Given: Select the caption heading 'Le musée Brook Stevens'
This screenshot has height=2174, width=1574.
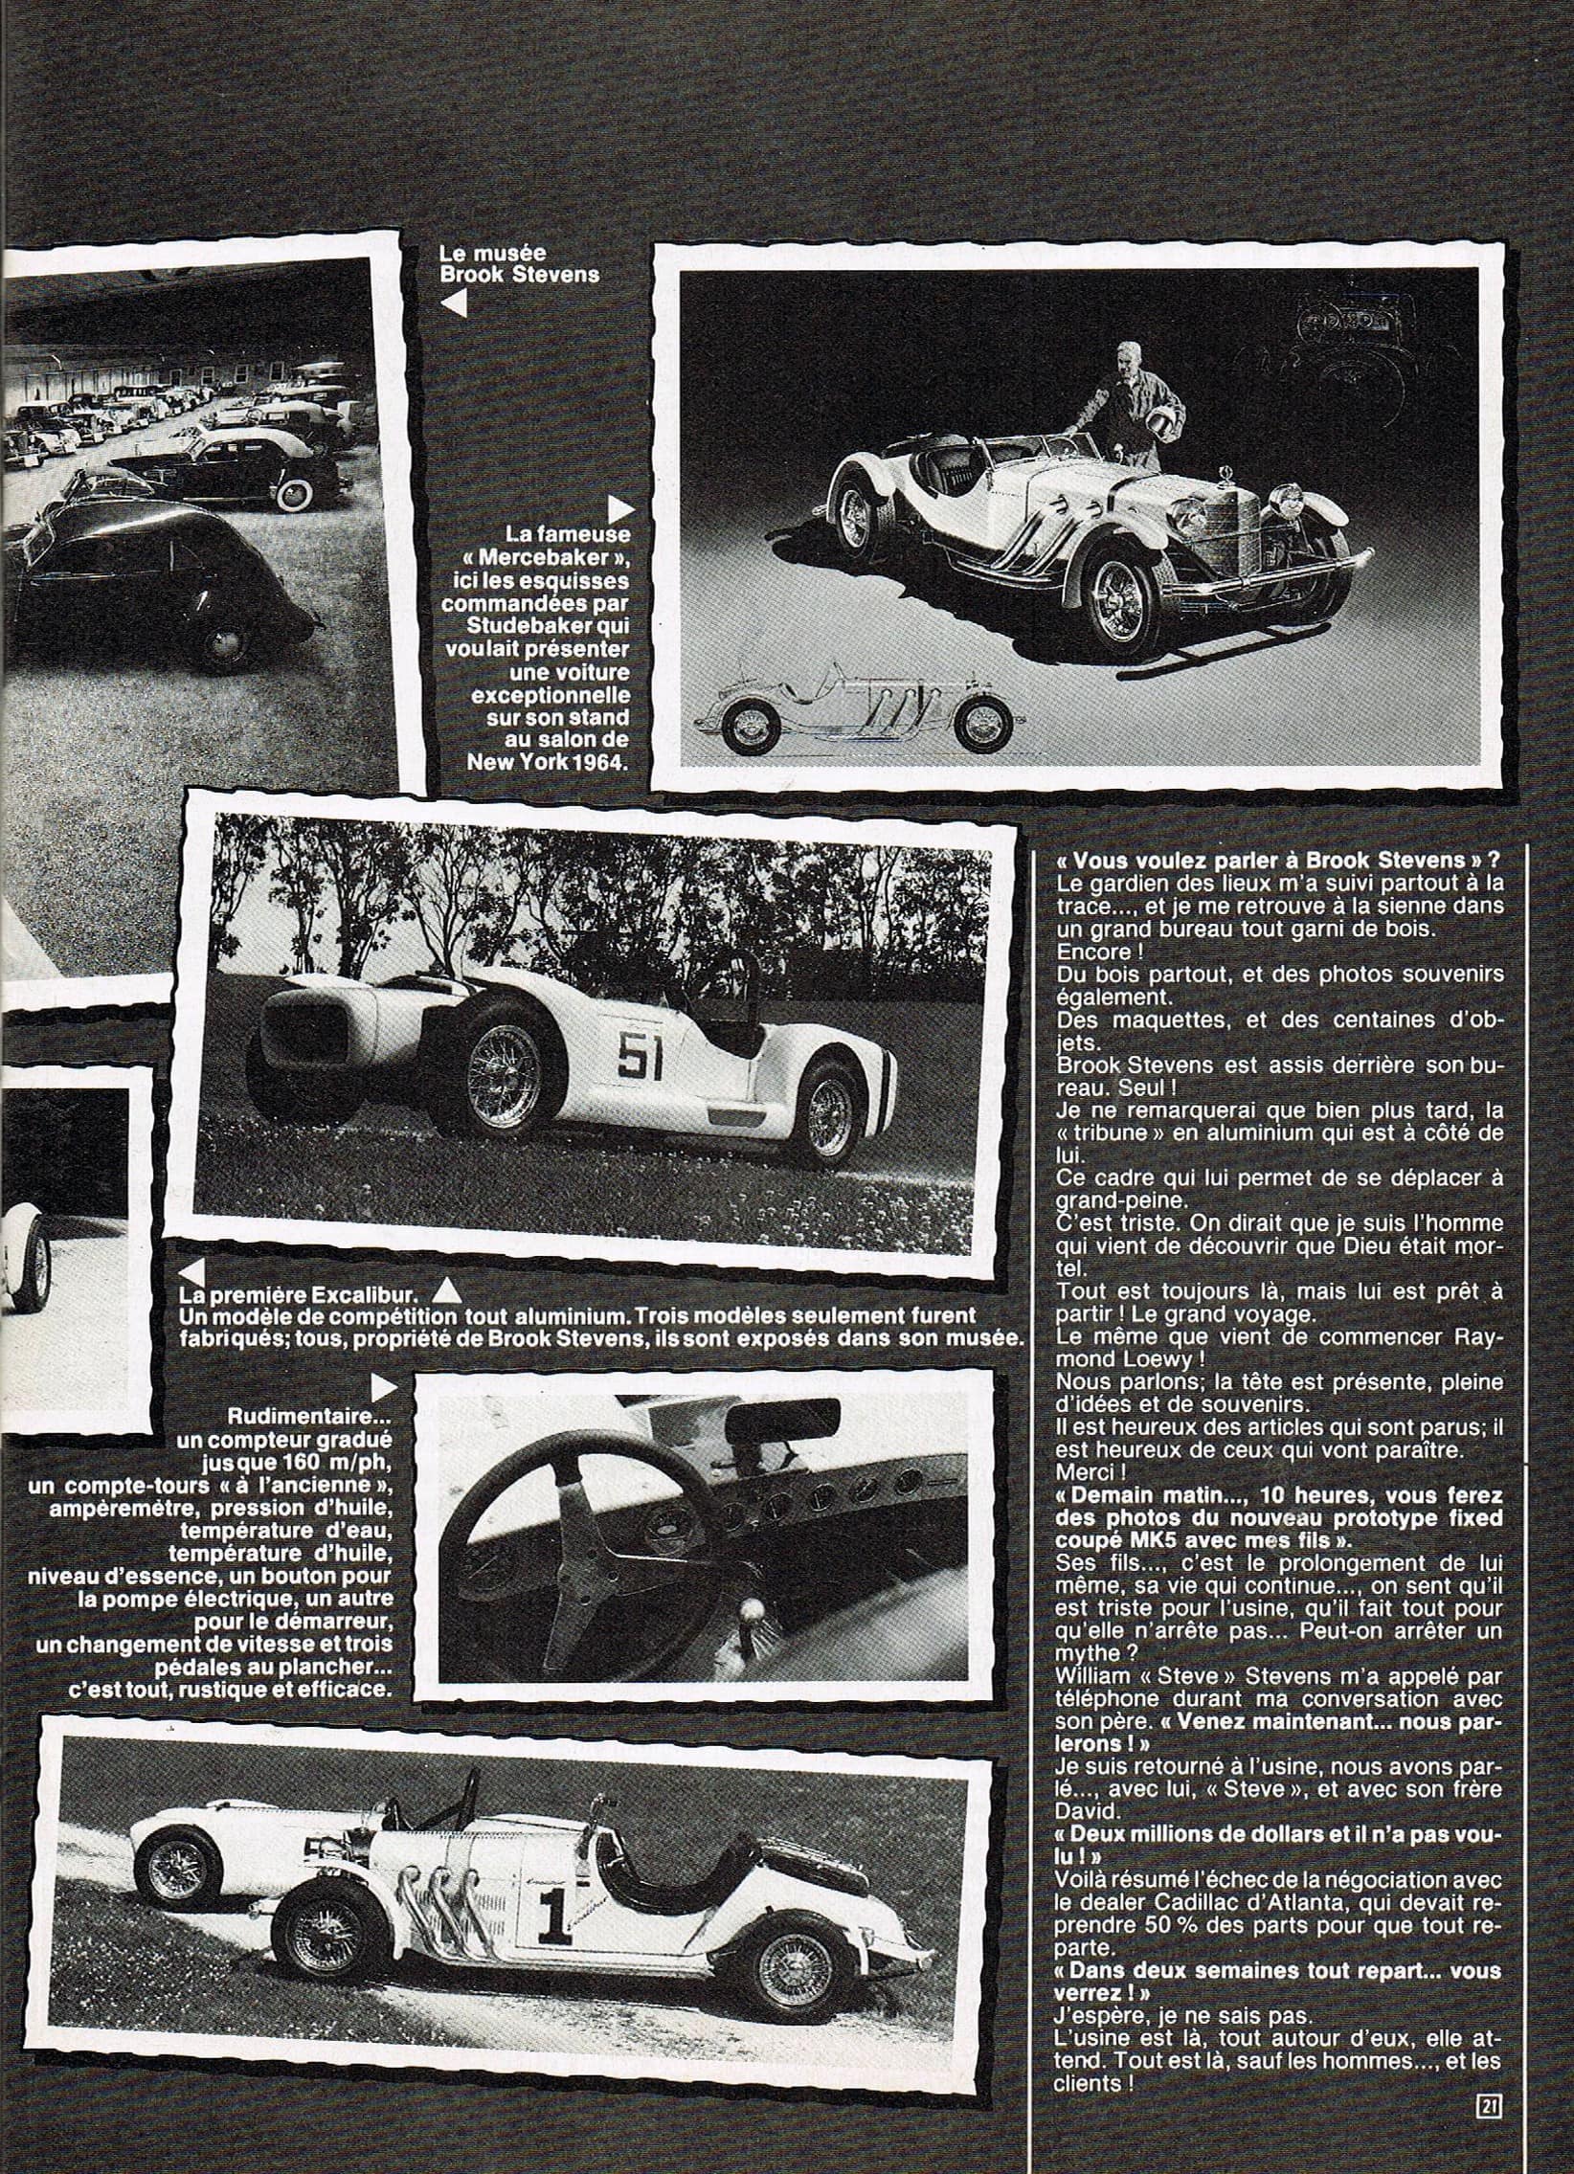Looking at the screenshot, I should (519, 263).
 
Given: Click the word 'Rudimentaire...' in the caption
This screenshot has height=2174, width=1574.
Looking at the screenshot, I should (309, 1416).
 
